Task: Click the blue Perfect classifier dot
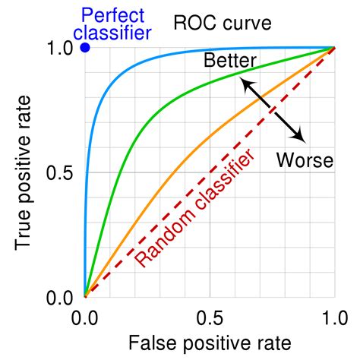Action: (x=85, y=47)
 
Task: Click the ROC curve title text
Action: (x=221, y=23)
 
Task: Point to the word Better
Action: (x=231, y=62)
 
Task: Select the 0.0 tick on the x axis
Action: (x=85, y=316)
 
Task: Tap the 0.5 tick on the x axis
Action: (x=210, y=316)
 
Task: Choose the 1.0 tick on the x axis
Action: (x=334, y=316)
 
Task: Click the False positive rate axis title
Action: (x=210, y=343)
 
